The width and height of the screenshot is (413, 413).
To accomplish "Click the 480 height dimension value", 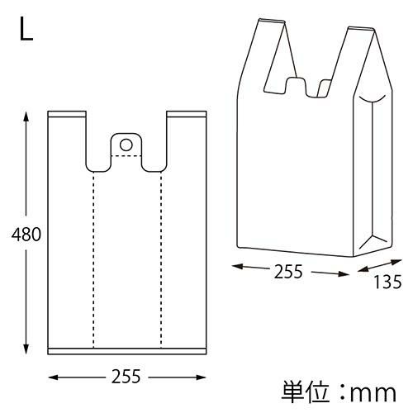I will tap(26, 235).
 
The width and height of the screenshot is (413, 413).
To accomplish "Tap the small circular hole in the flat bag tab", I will tap(126, 145).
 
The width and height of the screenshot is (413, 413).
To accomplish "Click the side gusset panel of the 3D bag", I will tap(374, 173).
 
